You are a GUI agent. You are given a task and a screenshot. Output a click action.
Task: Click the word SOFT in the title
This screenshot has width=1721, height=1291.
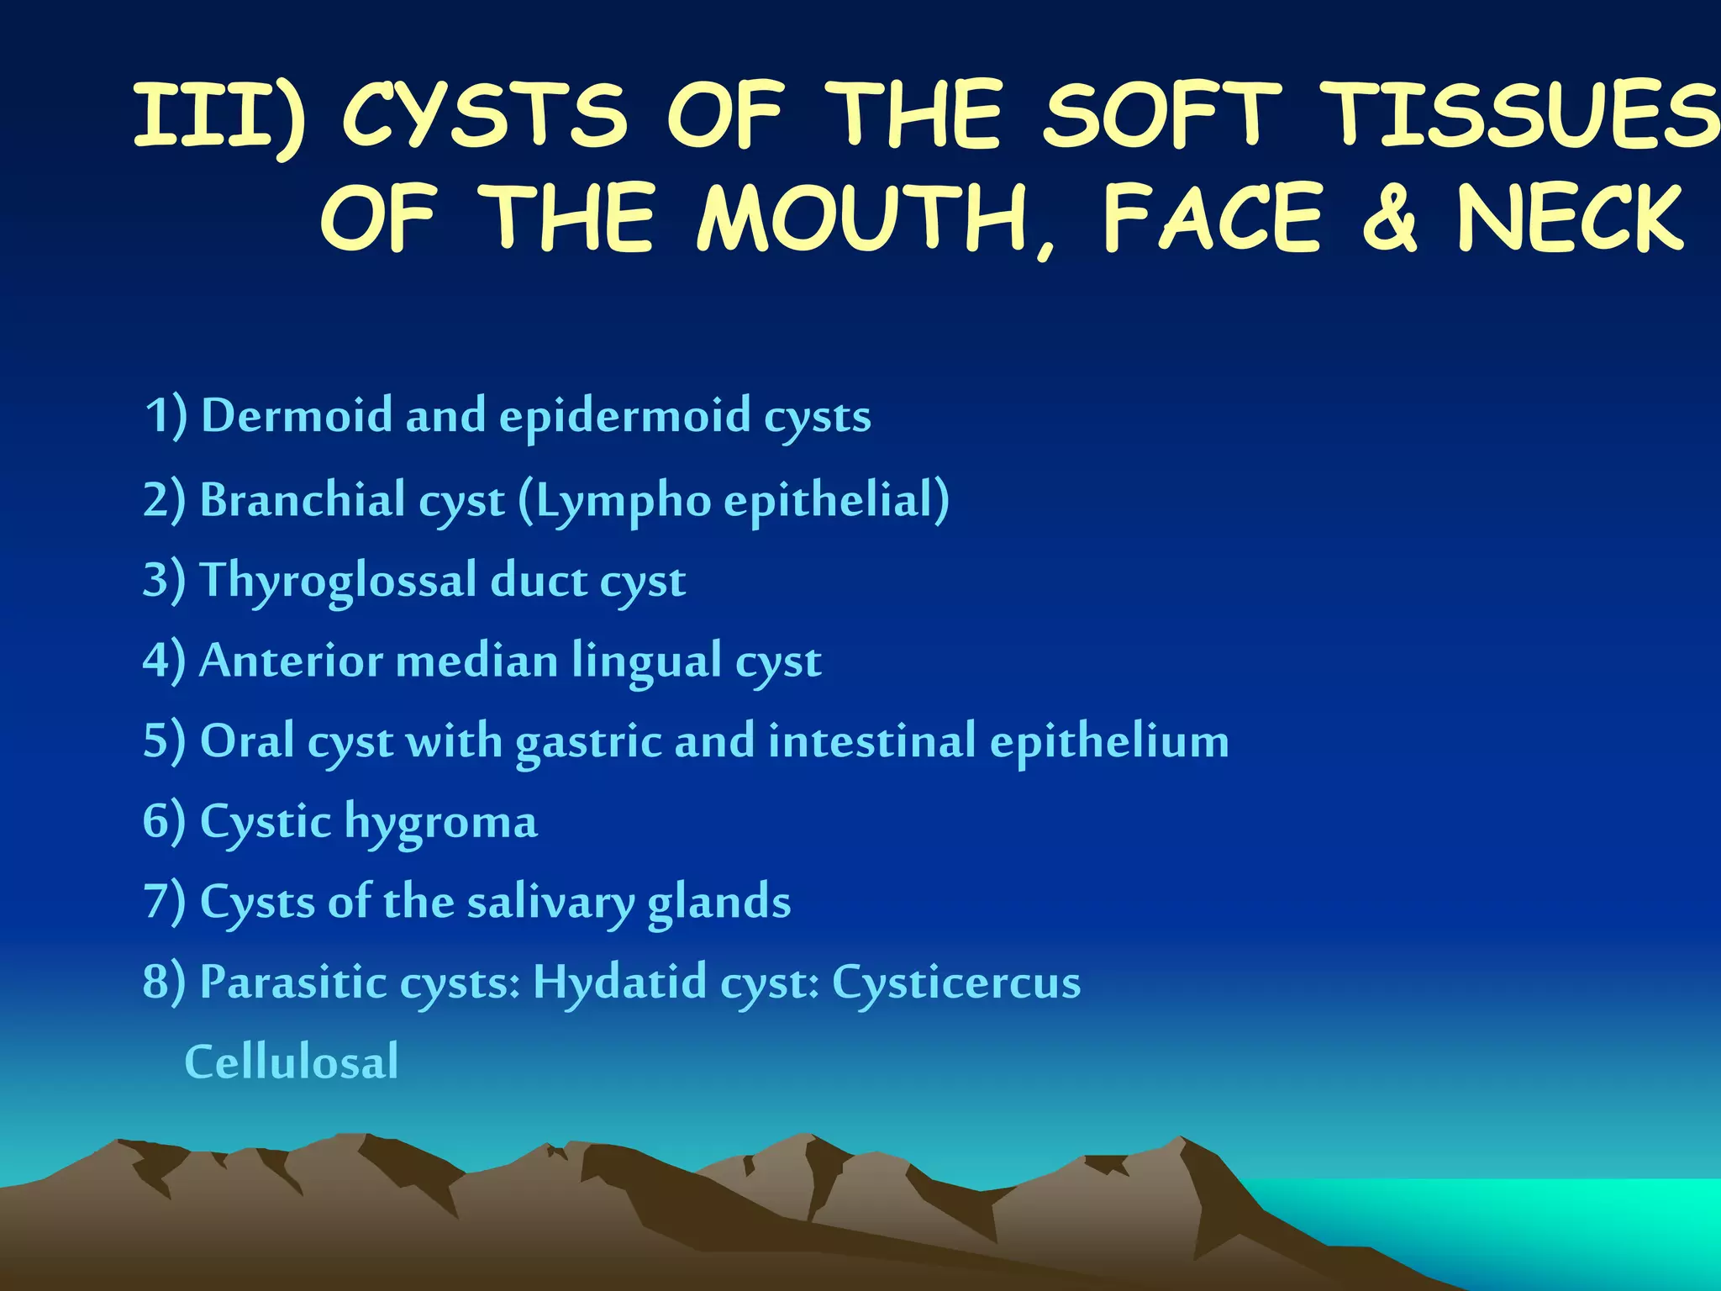point(1163,115)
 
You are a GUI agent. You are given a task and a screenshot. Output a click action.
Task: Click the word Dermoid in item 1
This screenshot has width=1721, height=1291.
point(297,415)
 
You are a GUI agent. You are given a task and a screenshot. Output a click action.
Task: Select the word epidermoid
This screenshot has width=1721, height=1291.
point(625,417)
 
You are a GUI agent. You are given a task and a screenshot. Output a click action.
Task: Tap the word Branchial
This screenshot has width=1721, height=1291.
point(302,500)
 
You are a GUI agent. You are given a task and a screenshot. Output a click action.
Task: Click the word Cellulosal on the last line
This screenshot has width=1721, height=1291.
point(291,1062)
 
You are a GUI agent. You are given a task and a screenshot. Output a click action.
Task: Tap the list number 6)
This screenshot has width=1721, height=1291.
point(164,821)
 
